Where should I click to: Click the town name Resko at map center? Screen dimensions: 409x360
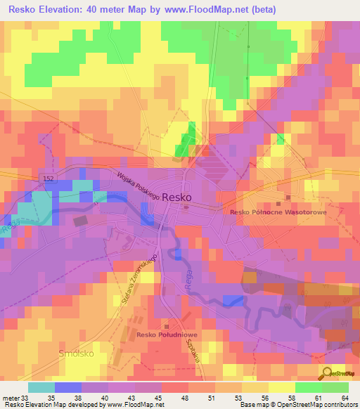[176, 198]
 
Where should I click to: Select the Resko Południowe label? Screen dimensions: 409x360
[166, 335]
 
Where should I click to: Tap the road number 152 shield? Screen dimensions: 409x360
[47, 179]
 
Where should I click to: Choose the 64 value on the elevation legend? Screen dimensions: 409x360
[345, 397]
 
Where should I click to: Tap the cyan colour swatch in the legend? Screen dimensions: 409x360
[41, 387]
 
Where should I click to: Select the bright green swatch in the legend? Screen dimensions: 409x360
[308, 387]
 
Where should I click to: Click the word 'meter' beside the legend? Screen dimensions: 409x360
[10, 397]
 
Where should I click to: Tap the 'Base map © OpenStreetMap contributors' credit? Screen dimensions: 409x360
[297, 405]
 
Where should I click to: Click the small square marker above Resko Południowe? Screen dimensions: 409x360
[167, 326]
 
